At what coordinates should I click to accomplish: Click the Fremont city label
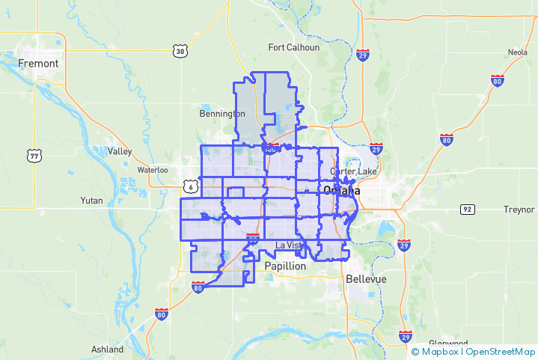38,64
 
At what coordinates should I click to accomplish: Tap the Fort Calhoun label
294,47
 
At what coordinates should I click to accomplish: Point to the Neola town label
517,52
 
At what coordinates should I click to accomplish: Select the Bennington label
222,114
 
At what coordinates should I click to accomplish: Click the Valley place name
120,151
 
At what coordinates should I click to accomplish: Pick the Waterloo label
152,170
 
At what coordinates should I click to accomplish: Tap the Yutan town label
94,201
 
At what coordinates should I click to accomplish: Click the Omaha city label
341,191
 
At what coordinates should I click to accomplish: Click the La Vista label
290,245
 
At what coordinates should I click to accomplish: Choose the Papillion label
285,266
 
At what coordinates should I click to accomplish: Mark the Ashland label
107,350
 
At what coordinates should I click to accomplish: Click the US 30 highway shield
179,51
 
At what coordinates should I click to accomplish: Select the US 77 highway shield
34,156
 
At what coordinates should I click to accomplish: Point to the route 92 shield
467,209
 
